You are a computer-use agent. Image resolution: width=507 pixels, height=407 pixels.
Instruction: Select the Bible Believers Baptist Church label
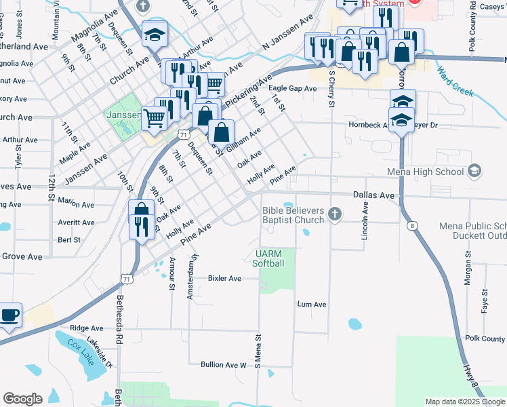point(293,215)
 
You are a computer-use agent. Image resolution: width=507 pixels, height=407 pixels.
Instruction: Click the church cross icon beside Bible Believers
point(333,215)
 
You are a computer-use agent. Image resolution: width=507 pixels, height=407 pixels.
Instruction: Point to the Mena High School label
point(427,171)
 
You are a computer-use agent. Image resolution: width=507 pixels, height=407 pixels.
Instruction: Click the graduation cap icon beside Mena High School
point(474,171)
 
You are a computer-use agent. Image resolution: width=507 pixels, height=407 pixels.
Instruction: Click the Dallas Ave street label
point(373,195)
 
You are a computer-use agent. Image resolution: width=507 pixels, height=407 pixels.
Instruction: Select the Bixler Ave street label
point(224,278)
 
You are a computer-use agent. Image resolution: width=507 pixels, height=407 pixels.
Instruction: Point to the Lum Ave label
point(312,305)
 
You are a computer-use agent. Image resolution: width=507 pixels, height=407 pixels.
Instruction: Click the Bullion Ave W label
point(223,365)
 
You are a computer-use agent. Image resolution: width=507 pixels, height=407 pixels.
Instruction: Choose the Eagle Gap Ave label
point(292,89)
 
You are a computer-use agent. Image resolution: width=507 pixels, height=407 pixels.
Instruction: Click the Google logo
point(22,399)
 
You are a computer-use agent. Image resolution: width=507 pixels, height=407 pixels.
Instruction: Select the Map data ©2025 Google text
point(464,402)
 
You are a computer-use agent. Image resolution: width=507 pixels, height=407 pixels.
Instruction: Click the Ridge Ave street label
point(86,328)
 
